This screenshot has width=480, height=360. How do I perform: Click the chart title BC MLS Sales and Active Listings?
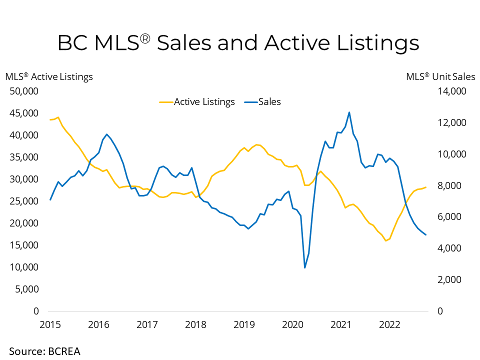[238, 43]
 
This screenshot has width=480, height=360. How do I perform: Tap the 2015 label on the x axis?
[50, 324]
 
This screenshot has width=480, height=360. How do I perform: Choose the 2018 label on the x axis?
[195, 324]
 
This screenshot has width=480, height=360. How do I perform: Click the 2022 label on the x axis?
[389, 324]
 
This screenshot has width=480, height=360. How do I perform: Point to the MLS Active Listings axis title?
[49, 76]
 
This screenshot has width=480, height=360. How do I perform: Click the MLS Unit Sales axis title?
[440, 76]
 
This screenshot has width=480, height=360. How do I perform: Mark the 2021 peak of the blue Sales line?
[349, 112]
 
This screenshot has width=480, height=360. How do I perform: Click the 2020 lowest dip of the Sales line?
[304, 268]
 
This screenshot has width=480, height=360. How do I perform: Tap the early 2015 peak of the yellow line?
[58, 117]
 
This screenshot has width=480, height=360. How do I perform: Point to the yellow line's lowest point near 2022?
[385, 241]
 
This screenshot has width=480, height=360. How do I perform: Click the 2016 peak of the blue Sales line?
[106, 134]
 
